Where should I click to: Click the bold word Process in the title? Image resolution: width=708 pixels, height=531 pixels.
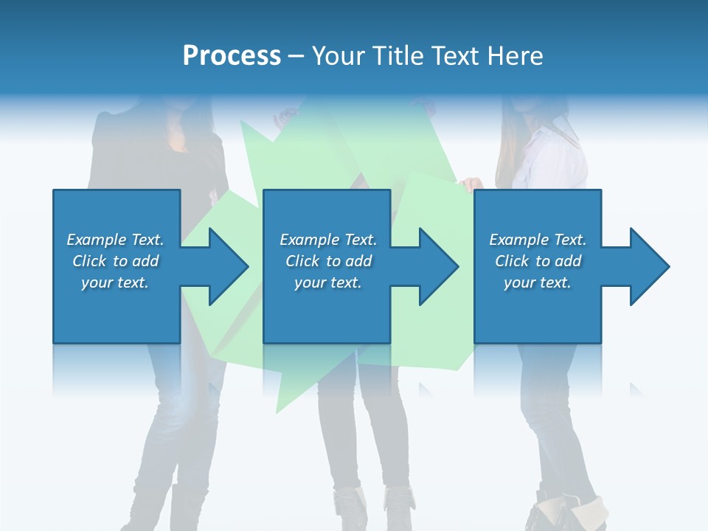232,56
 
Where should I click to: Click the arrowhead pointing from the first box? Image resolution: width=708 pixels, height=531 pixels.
224,266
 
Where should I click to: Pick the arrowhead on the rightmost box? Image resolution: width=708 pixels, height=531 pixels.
646,266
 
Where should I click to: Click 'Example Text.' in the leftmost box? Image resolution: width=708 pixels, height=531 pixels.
115,240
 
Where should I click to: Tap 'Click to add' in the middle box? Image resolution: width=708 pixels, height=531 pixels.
328,261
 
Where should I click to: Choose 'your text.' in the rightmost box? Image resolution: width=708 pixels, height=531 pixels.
538,282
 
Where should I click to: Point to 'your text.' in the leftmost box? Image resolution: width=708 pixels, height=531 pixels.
115,282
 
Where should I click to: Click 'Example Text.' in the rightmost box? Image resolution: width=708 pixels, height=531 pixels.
538,240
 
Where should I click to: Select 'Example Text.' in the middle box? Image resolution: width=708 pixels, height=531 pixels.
328,240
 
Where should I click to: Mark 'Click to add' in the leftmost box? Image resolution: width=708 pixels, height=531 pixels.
115,261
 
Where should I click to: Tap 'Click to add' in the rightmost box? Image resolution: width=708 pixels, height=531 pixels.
538,261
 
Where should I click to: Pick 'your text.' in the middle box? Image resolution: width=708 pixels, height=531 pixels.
328,282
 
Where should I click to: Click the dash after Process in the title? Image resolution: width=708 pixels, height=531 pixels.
296,57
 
